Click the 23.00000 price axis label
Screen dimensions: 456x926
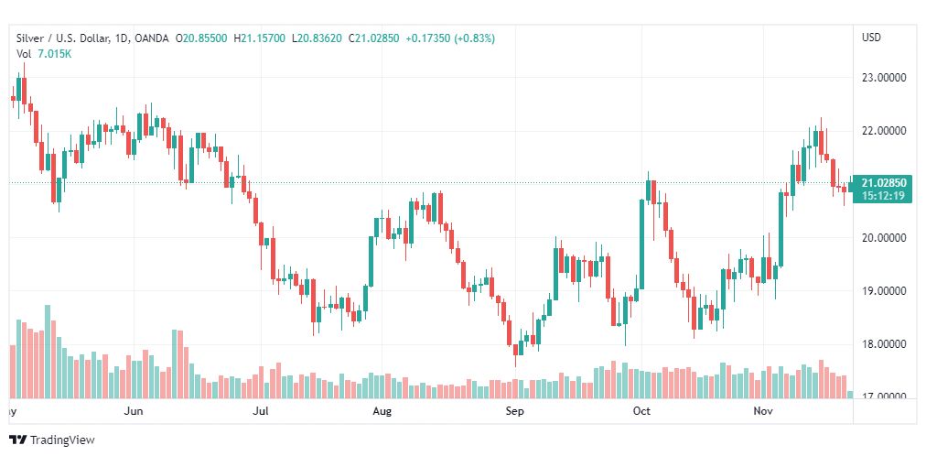[x=884, y=78]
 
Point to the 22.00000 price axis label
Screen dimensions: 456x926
[x=884, y=131]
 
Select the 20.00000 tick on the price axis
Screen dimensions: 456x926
[x=884, y=238]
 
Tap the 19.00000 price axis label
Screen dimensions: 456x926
[x=884, y=291]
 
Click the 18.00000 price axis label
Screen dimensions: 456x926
[x=884, y=344]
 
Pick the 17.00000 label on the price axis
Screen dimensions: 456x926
[x=884, y=396]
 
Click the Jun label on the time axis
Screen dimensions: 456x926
[x=134, y=412]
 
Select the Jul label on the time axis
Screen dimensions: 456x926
[x=261, y=412]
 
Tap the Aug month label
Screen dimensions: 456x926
[x=382, y=412]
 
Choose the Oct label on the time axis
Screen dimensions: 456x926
[x=641, y=412]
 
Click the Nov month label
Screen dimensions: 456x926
[x=762, y=412]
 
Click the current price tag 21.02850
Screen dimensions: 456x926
[x=882, y=183]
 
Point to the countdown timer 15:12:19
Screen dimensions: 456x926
[x=882, y=196]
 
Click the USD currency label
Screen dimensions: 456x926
[x=871, y=38]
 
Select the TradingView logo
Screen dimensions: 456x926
[x=52, y=440]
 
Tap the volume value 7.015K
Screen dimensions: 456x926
[x=54, y=53]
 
